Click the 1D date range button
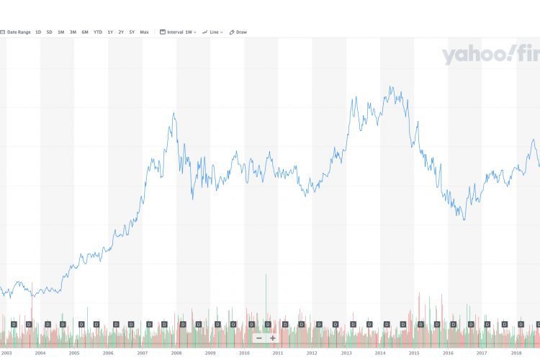pyautogui.click(x=38, y=32)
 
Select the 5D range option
pyautogui.click(x=49, y=32)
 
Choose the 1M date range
pyautogui.click(x=61, y=32)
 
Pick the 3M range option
pyautogui.click(x=73, y=32)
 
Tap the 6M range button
pyautogui.click(x=85, y=32)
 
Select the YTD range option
pyautogui.click(x=98, y=32)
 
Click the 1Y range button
pyautogui.click(x=110, y=32)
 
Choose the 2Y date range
pyautogui.click(x=121, y=32)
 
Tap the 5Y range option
pyautogui.click(x=132, y=32)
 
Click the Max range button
pyautogui.click(x=144, y=32)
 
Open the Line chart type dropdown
pyautogui.click(x=212, y=32)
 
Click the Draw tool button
pyautogui.click(x=238, y=32)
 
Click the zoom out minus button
pyautogui.click(x=259, y=338)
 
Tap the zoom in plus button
pyautogui.click(x=273, y=338)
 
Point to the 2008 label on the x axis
pyautogui.click(x=176, y=353)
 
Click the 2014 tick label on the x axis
pyautogui.click(x=379, y=353)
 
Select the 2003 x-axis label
pyautogui.click(x=6, y=353)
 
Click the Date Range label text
pyautogui.click(x=19, y=32)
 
